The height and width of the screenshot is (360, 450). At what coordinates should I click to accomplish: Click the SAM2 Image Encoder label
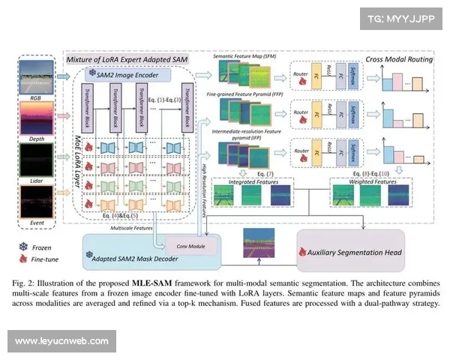[x=128, y=75]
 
